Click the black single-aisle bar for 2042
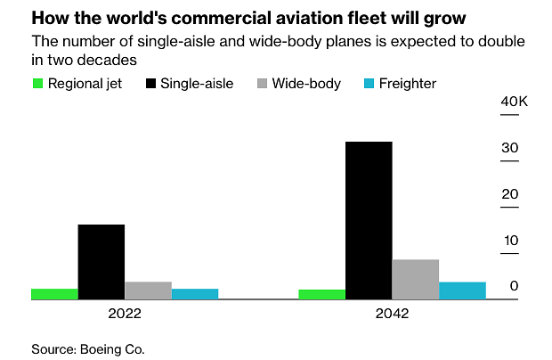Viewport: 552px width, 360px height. tap(369, 220)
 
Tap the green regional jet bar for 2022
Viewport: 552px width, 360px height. tap(54, 294)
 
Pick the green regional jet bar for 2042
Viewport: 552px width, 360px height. tap(321, 294)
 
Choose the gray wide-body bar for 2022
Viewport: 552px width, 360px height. tap(148, 290)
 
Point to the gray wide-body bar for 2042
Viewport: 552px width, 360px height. tap(415, 279)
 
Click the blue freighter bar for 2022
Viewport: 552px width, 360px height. tap(195, 294)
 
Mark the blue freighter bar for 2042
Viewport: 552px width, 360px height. tap(462, 290)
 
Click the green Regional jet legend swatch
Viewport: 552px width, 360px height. tap(37, 84)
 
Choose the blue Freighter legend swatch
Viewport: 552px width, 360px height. tap(370, 84)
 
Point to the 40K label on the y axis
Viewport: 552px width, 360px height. tap(514, 102)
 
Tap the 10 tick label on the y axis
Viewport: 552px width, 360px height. tap(510, 241)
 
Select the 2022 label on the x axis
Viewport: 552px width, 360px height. tap(125, 315)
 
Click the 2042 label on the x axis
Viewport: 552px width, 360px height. tap(392, 315)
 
